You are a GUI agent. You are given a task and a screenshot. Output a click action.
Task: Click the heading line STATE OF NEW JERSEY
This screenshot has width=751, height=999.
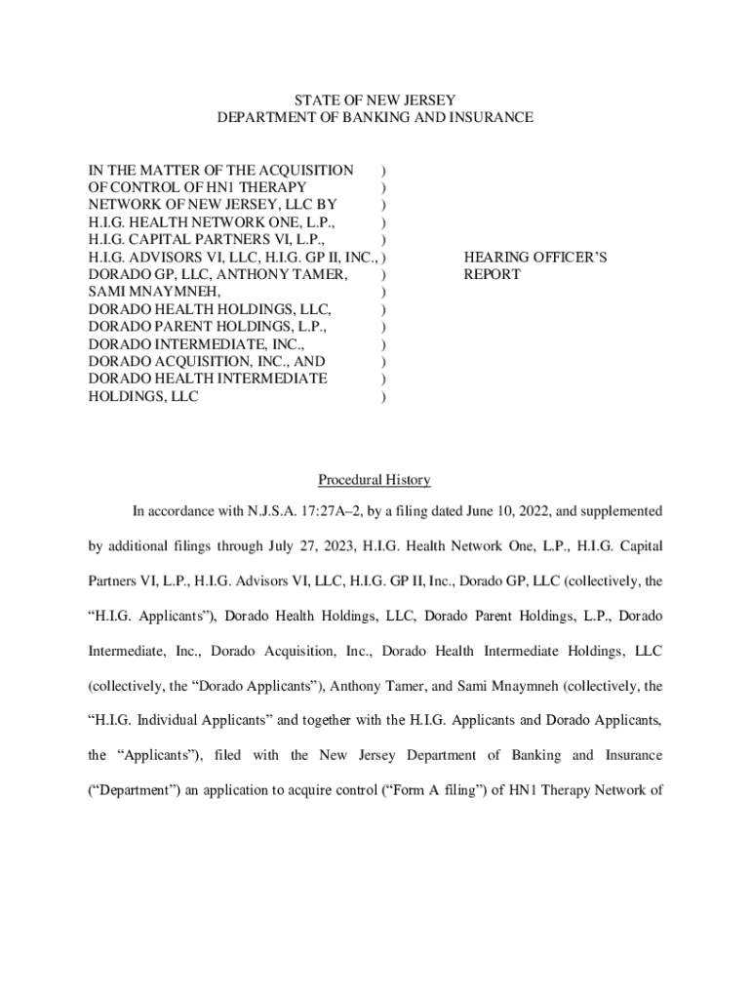pos(375,100)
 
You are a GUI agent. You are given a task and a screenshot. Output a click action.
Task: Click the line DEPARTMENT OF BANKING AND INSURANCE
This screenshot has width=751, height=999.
pos(375,117)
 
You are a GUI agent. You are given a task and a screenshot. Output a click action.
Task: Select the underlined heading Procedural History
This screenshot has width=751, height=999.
pos(375,480)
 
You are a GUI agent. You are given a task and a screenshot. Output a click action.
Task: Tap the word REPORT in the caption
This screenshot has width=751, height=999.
pos(492,275)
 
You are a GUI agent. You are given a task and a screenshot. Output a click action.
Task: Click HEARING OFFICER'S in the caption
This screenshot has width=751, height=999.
pos(535,258)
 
